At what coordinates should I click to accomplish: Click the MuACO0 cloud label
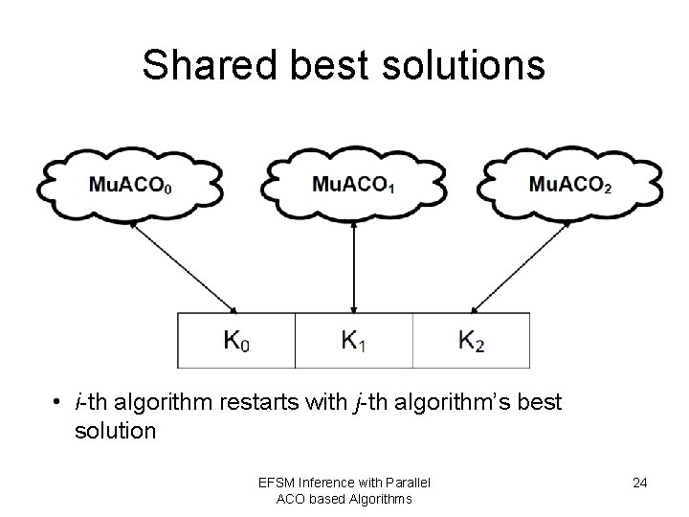click(132, 185)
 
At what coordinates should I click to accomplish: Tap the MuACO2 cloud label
click(570, 185)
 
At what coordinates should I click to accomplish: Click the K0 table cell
click(237, 340)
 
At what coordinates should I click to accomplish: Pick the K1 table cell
click(354, 340)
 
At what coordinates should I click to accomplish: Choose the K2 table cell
click(471, 340)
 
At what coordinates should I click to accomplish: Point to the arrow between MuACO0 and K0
click(189, 264)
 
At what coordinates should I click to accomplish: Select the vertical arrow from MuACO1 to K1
click(355, 266)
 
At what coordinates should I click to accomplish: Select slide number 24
click(639, 483)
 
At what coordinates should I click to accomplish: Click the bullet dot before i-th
click(58, 400)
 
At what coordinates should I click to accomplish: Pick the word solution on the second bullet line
click(115, 431)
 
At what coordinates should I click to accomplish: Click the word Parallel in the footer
click(406, 481)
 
